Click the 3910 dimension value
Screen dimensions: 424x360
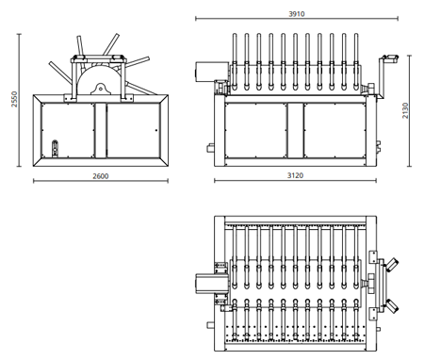pos(297,14)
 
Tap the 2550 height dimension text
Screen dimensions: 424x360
pos(14,99)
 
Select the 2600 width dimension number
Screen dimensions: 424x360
pos(101,176)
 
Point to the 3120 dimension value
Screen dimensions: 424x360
pos(295,175)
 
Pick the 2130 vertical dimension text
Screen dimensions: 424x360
pos(405,110)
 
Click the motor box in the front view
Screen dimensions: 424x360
pos(212,72)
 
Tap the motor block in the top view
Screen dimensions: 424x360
pos(211,284)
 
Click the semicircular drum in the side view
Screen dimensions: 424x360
pos(98,79)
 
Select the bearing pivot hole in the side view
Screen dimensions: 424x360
pos(101,89)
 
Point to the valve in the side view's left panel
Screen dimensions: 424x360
pos(55,148)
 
